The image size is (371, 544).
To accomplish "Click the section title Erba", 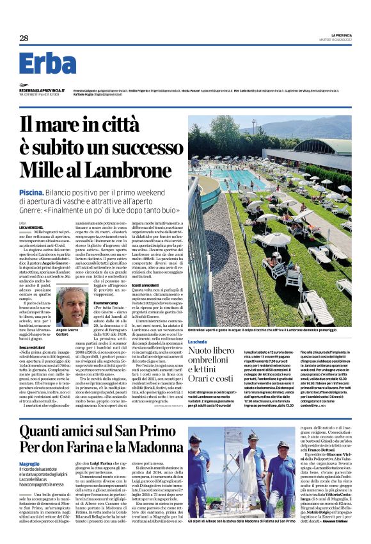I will click(47, 64).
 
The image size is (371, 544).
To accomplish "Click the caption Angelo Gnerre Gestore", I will click(67, 332).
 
